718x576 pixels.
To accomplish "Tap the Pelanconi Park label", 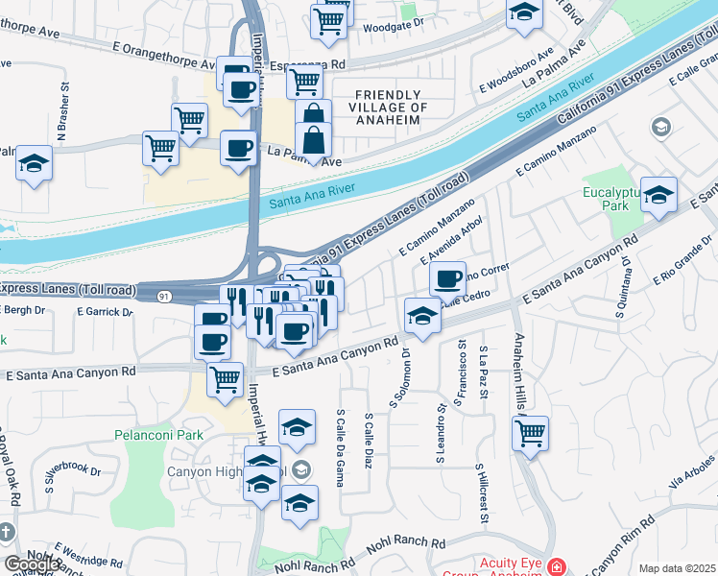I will pos(159,435).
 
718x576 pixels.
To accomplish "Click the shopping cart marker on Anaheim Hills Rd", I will pos(530,434).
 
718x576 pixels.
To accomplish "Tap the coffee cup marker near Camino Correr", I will pos(447,279).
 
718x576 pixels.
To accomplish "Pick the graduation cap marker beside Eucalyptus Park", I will pos(658,195).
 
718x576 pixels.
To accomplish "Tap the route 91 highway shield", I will pos(164,297).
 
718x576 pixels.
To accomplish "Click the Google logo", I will pos(32,564).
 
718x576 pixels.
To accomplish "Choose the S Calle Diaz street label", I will pos(369,442).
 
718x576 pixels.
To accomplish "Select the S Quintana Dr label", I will pos(624,282).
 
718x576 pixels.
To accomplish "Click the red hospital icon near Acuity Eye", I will pos(556,568).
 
